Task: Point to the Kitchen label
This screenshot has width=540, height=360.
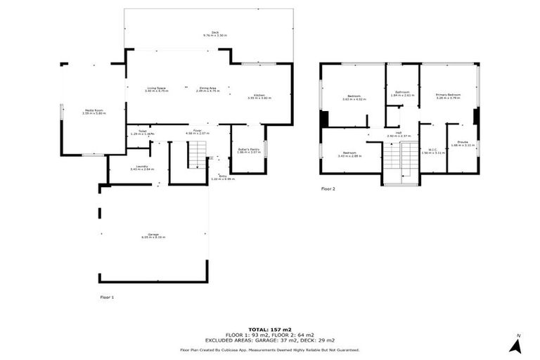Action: click(259, 96)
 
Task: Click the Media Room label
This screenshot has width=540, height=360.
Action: click(94, 111)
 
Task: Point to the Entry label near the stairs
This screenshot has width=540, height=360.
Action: click(223, 177)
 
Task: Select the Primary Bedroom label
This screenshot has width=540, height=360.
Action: click(448, 96)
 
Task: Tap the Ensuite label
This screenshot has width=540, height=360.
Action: click(463, 143)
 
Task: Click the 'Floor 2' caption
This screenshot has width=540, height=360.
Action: click(328, 189)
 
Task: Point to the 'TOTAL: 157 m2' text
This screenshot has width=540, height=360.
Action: click(270, 328)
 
